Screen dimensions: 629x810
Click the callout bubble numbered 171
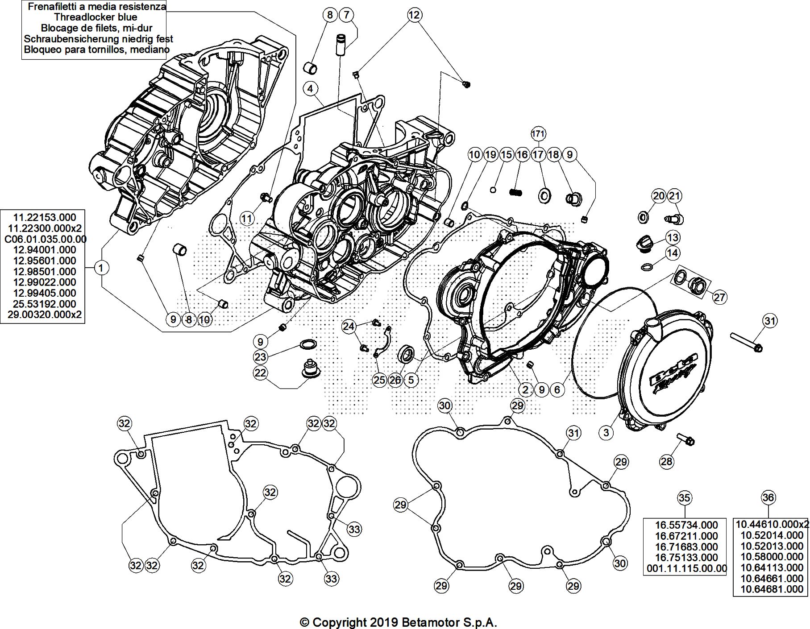(539, 133)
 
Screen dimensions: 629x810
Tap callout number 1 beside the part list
(102, 268)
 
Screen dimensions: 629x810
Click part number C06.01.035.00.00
(45, 239)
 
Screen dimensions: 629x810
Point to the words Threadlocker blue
(95, 17)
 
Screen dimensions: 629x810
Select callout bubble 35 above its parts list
(684, 498)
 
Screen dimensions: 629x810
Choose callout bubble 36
(768, 498)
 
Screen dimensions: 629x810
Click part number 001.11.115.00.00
(686, 568)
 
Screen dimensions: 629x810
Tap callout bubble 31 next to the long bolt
(770, 321)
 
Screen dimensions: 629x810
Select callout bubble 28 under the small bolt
(666, 461)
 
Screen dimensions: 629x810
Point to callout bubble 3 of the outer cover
(606, 432)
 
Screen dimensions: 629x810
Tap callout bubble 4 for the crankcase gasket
(311, 88)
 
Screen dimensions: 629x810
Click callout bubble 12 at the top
(414, 15)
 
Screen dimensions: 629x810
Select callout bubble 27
(719, 297)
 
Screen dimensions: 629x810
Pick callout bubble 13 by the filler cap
(673, 237)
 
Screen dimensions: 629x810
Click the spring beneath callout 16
(516, 192)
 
